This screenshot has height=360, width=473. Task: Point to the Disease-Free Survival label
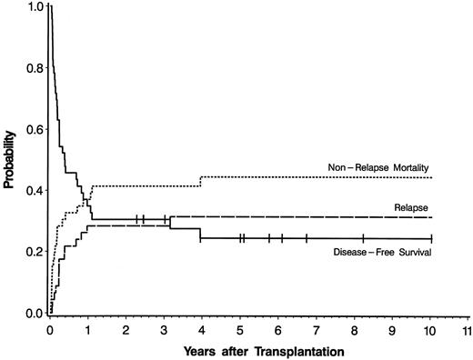(382, 253)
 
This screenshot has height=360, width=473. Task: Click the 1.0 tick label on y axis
(33, 6)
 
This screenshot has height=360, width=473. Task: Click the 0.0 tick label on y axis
(33, 314)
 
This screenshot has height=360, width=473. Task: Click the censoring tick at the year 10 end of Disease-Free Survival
(430, 238)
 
